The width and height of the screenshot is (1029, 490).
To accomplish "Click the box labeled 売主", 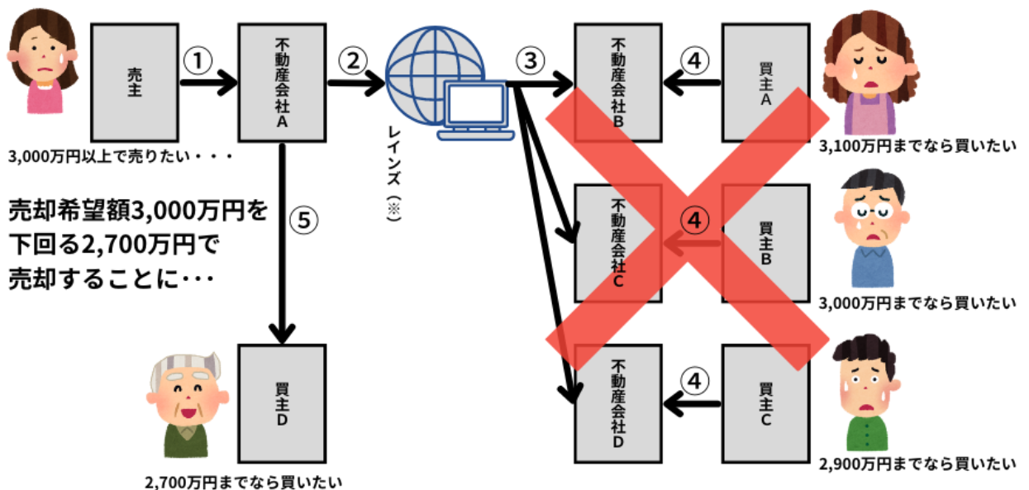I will tap(135, 82).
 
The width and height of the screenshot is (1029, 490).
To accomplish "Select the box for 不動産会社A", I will tap(282, 82).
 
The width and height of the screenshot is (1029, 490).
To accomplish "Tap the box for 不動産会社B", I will tap(619, 82).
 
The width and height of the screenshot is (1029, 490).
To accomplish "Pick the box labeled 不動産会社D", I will tap(619, 404).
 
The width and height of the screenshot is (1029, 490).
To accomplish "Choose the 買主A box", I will tap(765, 82).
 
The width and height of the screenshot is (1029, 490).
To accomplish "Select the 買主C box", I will tap(765, 404).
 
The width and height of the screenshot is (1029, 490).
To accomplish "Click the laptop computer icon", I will tap(475, 110).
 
